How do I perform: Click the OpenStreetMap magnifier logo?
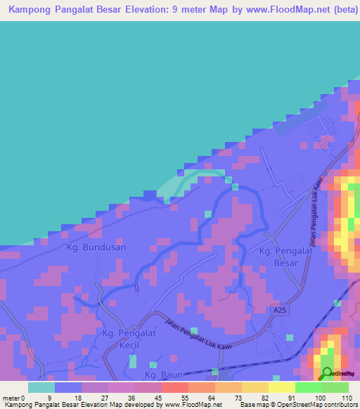tap(327, 372)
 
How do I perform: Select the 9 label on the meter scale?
tap(49, 397)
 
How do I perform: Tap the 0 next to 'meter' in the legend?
tap(23, 397)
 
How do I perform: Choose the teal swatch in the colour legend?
tap(41, 387)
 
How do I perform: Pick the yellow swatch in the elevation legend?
tap(282, 387)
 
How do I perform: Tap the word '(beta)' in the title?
tap(338, 11)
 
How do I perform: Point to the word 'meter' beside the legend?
tap(11, 397)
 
